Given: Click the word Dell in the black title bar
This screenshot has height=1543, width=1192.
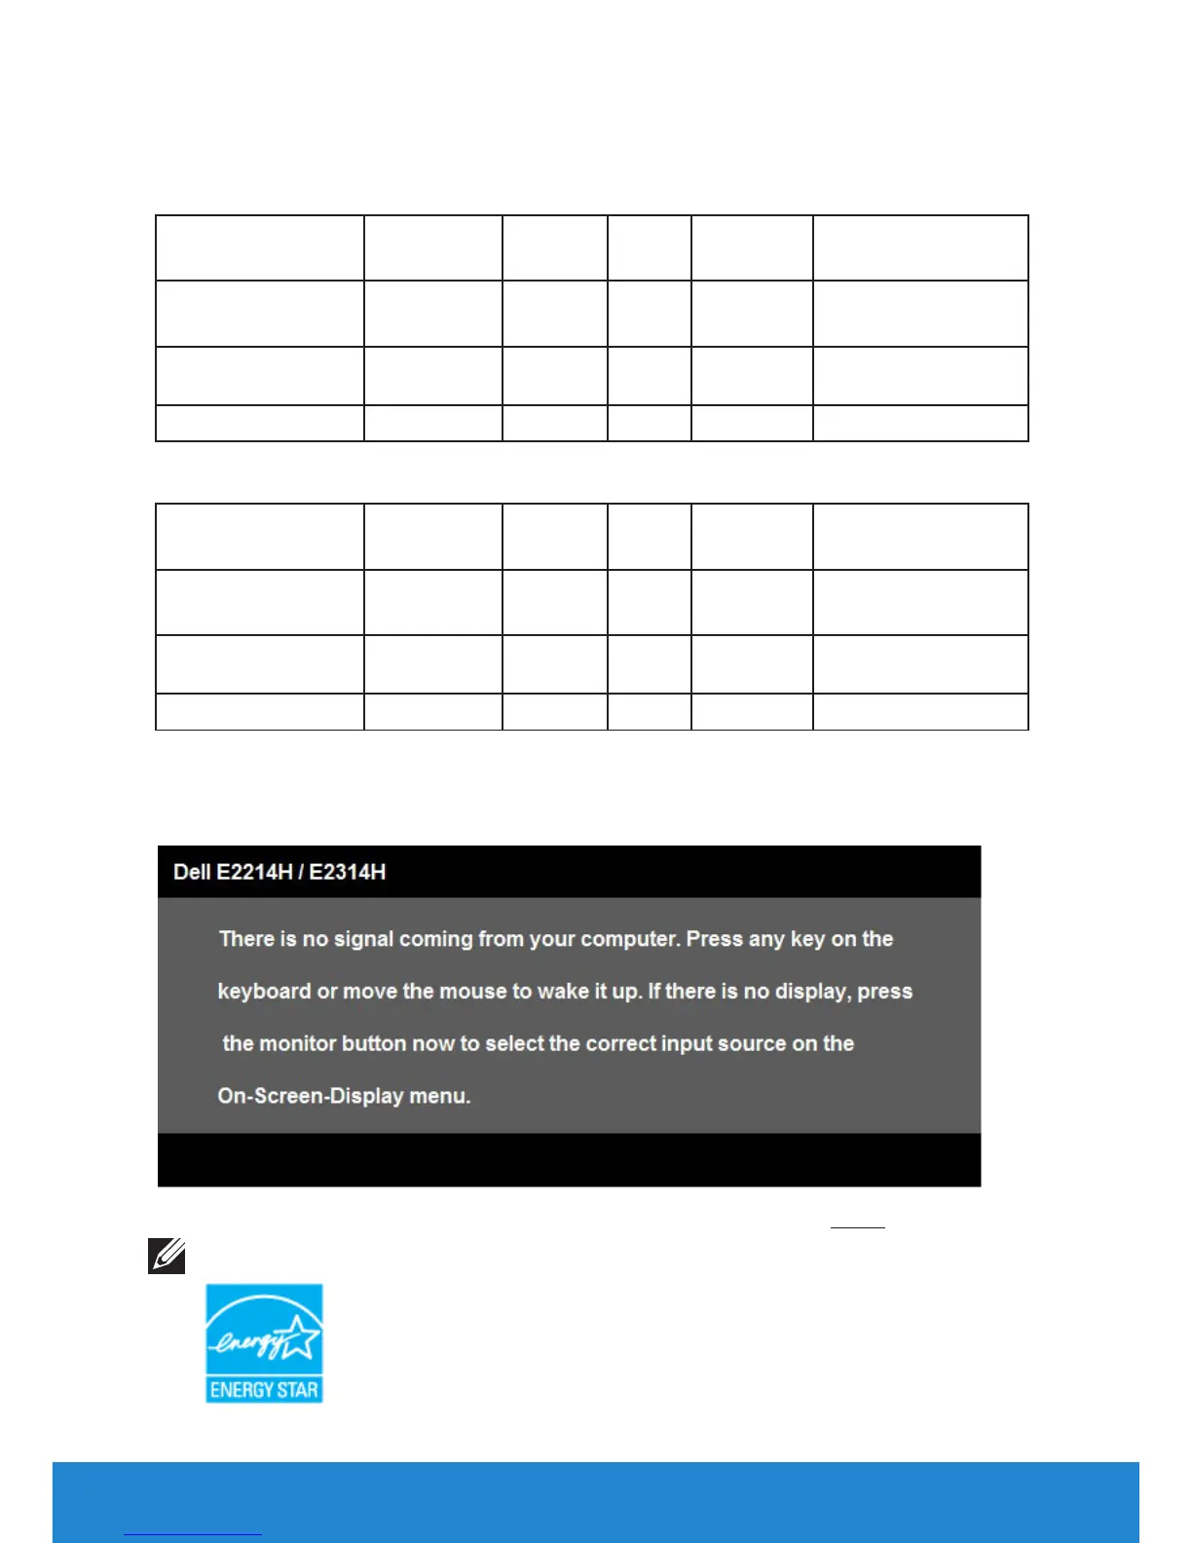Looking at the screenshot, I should (192, 872).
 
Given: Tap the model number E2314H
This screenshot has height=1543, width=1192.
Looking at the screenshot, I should (348, 872).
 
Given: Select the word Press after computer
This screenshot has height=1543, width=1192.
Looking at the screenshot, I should (716, 939).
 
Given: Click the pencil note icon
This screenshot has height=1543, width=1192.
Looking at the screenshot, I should (167, 1256).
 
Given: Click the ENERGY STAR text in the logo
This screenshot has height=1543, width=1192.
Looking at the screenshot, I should (264, 1390).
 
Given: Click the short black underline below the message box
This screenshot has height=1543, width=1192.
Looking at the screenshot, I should (857, 1227).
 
